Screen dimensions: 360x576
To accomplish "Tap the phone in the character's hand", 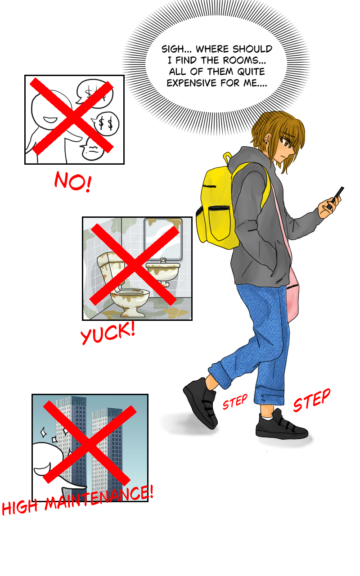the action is (x=336, y=198).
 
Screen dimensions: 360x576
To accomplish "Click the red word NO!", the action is (x=73, y=181).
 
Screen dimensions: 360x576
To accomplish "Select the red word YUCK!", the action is (x=108, y=333).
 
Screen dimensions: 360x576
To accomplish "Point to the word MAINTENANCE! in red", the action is (x=99, y=498).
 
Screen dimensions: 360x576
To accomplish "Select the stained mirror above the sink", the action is (x=163, y=238).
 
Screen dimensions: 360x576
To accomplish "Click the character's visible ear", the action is (x=268, y=139).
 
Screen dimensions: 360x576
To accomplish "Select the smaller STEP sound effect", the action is (x=235, y=401).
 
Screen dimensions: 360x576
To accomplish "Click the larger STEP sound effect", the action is (x=312, y=400).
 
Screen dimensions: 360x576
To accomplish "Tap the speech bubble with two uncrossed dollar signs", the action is (x=106, y=124).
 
